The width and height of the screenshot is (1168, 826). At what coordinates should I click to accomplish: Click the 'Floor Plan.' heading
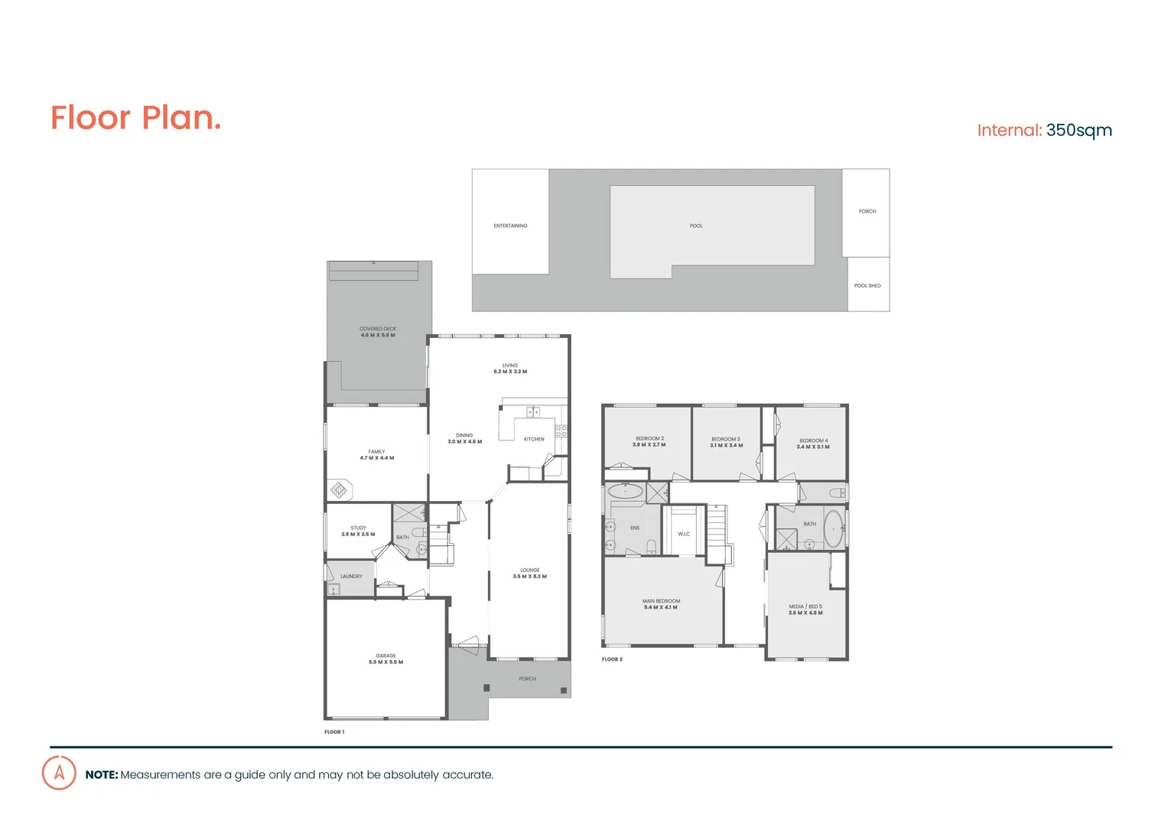(135, 119)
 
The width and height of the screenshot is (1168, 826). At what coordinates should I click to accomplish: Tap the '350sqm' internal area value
(1079, 131)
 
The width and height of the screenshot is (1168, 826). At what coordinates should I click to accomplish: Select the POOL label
(696, 226)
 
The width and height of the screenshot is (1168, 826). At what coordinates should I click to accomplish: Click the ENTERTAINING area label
(510, 226)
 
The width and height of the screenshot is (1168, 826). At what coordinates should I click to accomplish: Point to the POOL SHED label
(867, 286)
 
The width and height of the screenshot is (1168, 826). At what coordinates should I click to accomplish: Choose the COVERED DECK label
(378, 329)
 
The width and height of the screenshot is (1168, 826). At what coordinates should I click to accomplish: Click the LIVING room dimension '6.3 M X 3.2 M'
(510, 372)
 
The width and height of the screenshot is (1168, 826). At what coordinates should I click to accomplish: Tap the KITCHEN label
(534, 440)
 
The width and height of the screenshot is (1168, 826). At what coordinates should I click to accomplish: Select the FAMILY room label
(376, 452)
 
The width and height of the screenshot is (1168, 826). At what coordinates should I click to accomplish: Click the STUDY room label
(358, 528)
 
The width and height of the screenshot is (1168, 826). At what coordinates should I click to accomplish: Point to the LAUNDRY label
(351, 577)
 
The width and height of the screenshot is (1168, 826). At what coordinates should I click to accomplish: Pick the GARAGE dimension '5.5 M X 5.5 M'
(386, 662)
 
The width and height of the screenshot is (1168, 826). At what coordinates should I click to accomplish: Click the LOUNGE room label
(530, 571)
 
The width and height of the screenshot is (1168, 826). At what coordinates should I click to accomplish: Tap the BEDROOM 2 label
(649, 439)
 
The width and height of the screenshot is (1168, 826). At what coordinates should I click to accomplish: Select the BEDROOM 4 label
(813, 441)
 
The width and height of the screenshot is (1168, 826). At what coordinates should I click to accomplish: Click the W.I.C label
(684, 535)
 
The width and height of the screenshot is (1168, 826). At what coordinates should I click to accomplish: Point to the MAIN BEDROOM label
(661, 601)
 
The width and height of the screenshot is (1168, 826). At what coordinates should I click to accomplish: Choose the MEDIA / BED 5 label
(805, 606)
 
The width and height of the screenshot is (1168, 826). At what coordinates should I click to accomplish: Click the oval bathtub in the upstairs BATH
(833, 529)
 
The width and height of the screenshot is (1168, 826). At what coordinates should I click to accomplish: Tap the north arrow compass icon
(59, 772)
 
